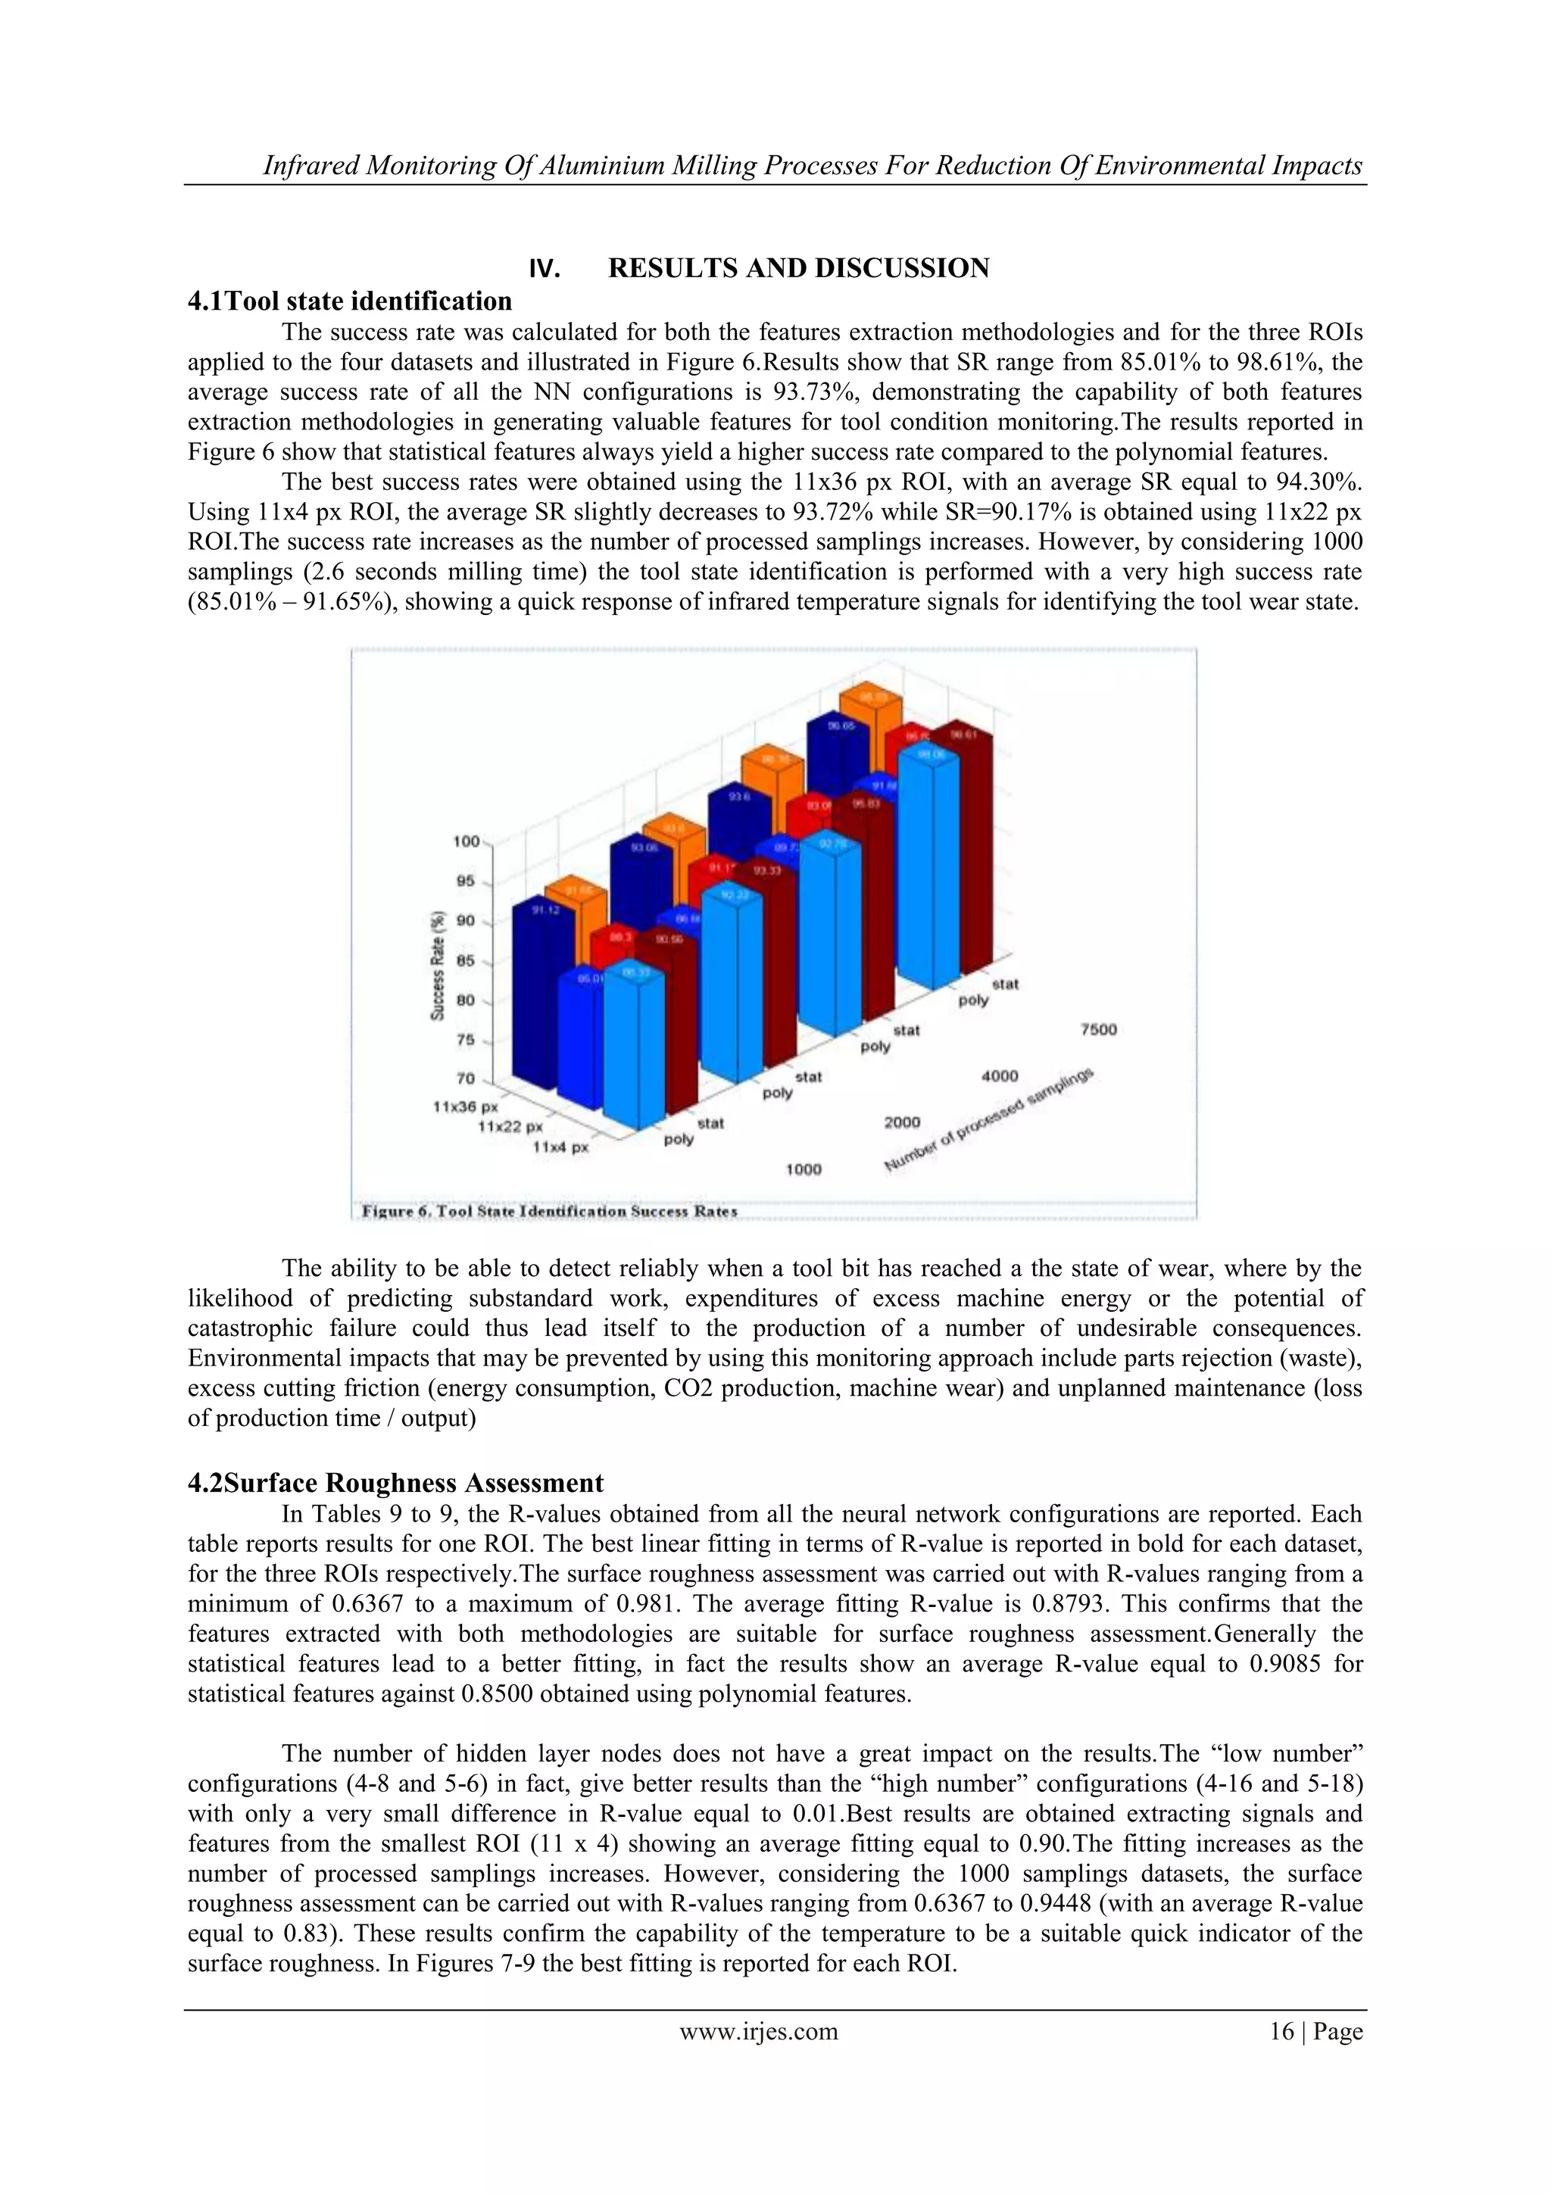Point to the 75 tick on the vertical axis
466,1041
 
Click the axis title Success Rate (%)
437,965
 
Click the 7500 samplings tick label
1097,1029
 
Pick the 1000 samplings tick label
803,1169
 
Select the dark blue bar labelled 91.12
535,994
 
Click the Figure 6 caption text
550,1211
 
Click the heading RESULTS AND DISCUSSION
798,269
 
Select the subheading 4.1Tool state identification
350,301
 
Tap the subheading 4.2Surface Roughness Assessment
395,1482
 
